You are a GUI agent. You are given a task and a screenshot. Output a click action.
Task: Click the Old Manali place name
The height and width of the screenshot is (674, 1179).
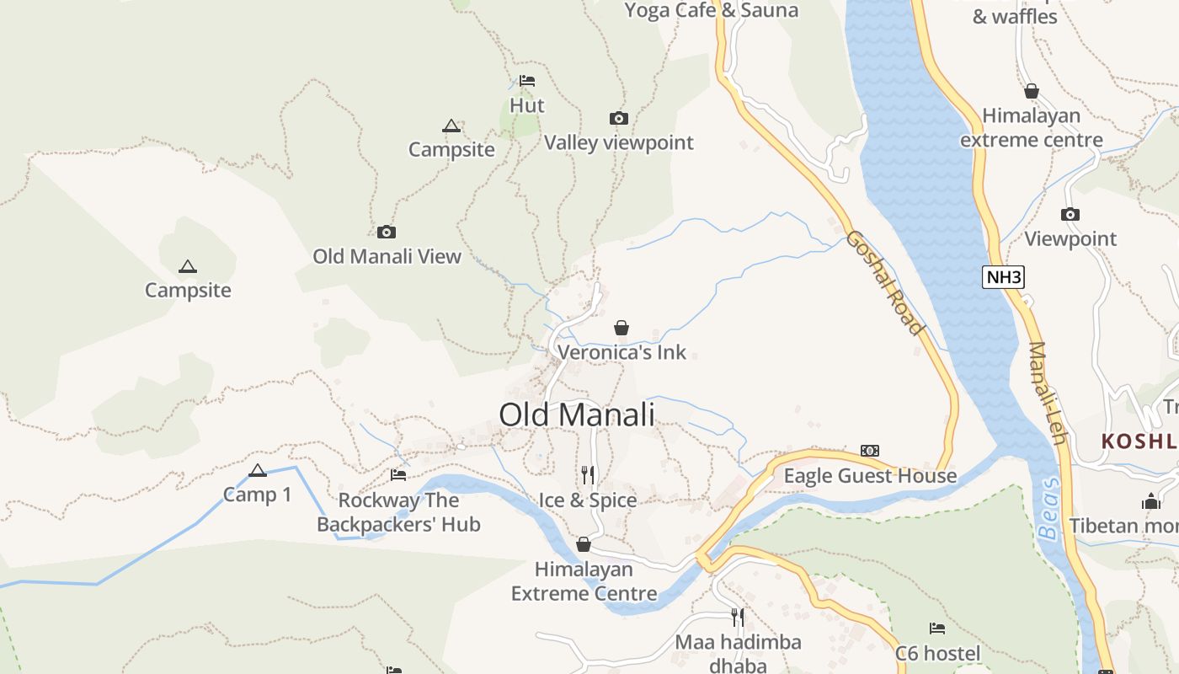coord(577,415)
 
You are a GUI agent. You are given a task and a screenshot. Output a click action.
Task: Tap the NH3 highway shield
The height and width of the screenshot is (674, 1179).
coord(1003,276)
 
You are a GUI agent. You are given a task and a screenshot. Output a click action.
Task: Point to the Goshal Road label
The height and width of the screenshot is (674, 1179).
coord(886,281)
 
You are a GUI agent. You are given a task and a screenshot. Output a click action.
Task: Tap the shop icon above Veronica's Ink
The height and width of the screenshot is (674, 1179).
coord(622,328)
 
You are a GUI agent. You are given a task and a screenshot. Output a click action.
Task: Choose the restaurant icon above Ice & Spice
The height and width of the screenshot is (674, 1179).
coord(588,475)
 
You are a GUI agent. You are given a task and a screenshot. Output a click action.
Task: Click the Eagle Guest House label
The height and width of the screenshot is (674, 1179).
coord(870,476)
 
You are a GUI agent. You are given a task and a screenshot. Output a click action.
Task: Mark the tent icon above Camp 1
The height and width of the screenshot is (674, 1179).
coord(258,470)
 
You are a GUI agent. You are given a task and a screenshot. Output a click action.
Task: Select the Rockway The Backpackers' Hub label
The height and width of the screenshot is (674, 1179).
coord(398,512)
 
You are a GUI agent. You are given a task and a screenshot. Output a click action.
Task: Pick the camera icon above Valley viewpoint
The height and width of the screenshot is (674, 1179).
coord(619,119)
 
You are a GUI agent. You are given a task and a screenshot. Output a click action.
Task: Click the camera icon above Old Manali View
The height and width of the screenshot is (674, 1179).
coord(387,232)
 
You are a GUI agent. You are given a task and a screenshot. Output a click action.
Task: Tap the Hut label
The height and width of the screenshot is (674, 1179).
coord(527,105)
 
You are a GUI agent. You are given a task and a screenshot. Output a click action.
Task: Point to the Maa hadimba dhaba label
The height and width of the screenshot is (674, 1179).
coord(738,654)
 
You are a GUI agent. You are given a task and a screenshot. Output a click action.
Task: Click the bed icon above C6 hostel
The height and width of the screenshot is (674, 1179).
coord(937,629)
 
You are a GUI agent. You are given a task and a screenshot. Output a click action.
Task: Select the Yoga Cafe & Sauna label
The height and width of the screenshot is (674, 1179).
coord(712,10)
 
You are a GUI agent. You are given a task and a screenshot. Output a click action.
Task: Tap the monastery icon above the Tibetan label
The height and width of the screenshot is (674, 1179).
coord(1150,502)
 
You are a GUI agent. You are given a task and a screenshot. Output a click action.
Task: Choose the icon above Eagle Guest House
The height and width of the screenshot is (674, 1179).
coord(870,451)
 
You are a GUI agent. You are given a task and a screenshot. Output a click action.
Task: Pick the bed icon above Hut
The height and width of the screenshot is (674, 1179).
coord(527,81)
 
